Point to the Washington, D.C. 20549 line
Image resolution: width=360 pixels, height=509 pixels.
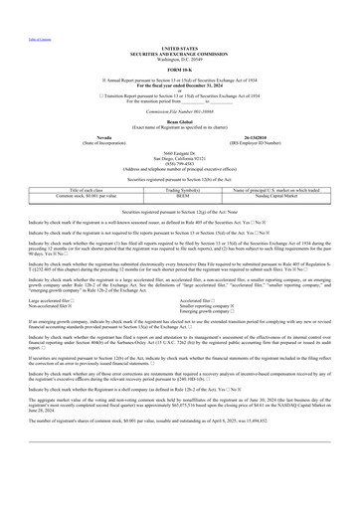click(x=179, y=57)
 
